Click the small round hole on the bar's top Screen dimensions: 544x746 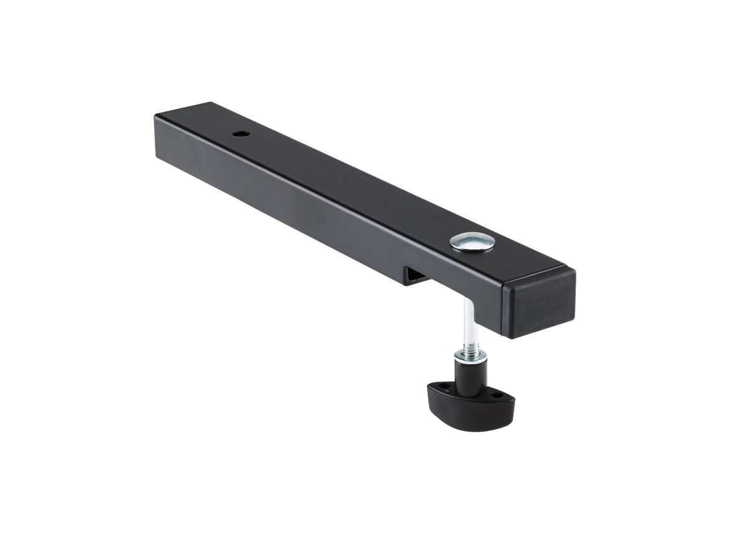[x=240, y=134]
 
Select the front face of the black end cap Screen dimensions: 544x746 [x=540, y=304]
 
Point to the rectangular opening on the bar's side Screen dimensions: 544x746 [x=413, y=276]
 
